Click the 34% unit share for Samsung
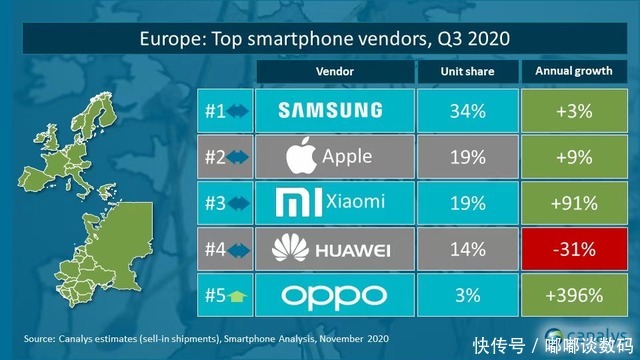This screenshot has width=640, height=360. coord(465,110)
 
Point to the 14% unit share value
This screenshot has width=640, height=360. coord(465,249)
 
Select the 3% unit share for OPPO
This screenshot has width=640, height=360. coord(465,296)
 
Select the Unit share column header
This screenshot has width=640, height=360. coord(465,72)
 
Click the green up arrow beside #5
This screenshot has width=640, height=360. coord(238,297)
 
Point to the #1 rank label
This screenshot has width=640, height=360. coord(214,110)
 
